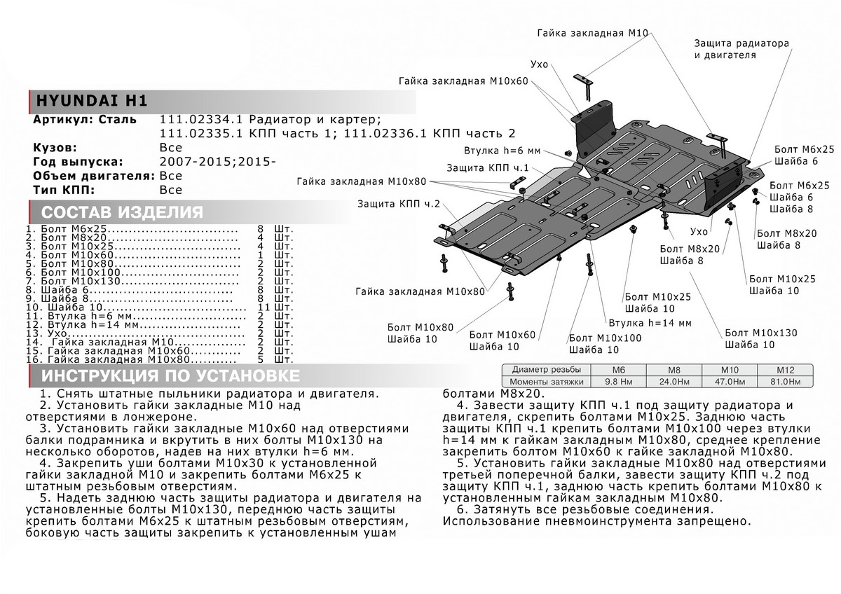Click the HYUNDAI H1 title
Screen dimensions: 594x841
point(90,100)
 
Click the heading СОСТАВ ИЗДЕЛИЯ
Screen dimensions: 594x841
point(123,213)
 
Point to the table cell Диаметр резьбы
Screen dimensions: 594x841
point(547,370)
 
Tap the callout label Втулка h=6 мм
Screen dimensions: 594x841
point(502,151)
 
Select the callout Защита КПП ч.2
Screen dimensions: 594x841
point(398,204)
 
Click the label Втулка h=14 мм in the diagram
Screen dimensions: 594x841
point(650,323)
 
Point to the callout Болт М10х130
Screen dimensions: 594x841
point(760,333)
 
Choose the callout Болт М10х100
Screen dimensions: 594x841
point(605,338)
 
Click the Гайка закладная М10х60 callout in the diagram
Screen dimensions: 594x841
point(463,81)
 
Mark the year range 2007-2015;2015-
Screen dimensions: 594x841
point(218,162)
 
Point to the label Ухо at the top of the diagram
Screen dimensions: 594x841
point(539,64)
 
